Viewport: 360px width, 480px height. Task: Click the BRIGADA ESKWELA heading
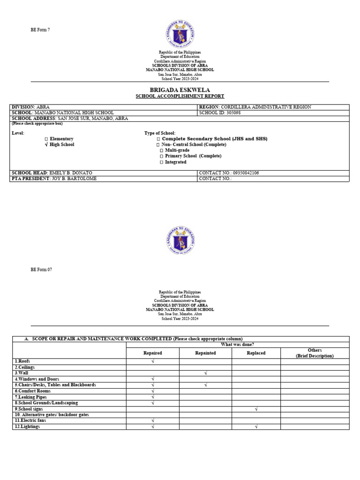click(x=180, y=90)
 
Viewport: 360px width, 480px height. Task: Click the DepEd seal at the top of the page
click(x=180, y=34)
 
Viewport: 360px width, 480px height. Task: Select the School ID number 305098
click(x=229, y=113)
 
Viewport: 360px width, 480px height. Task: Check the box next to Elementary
click(x=46, y=139)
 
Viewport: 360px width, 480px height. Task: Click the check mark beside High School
click(x=46, y=145)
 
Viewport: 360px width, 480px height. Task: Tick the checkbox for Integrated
click(x=161, y=162)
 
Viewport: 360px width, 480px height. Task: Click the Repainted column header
click(x=205, y=353)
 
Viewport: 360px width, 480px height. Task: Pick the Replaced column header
click(x=256, y=353)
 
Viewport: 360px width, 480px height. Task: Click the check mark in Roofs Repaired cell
click(x=153, y=361)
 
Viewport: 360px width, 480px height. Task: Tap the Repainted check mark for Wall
click(x=205, y=373)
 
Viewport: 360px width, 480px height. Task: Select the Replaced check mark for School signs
click(x=256, y=409)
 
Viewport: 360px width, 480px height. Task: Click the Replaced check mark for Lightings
click(x=256, y=427)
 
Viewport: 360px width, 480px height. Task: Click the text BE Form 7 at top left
click(x=40, y=30)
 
